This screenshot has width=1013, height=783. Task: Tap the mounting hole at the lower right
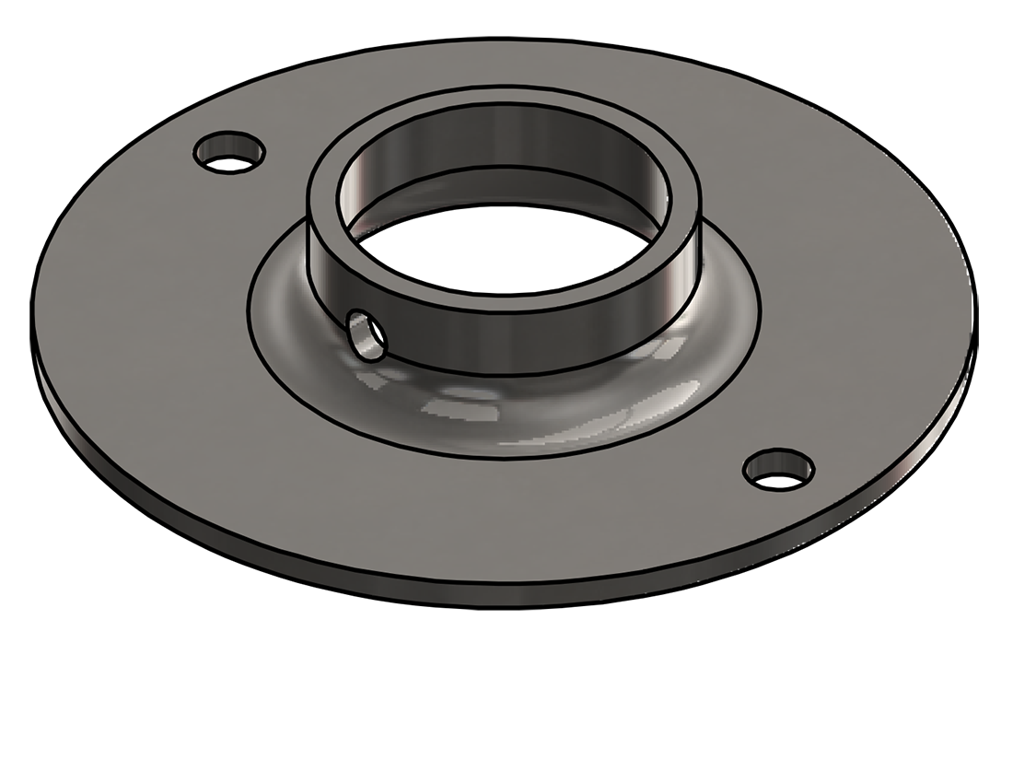779,469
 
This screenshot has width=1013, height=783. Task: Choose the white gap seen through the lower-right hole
779,479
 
